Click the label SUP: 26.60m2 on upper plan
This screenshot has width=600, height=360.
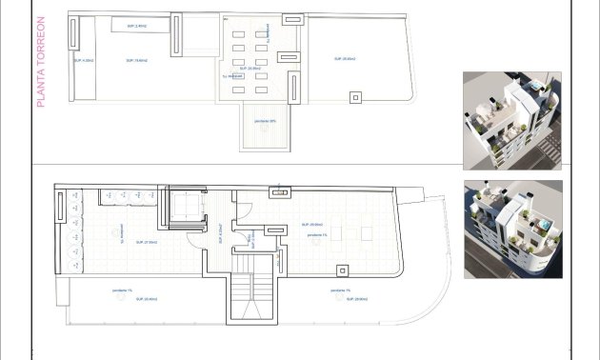point(345,59)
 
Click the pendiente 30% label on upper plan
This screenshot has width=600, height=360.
point(266,121)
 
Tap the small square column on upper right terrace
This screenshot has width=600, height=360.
point(356,95)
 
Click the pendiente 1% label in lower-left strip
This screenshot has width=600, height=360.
point(122,290)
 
